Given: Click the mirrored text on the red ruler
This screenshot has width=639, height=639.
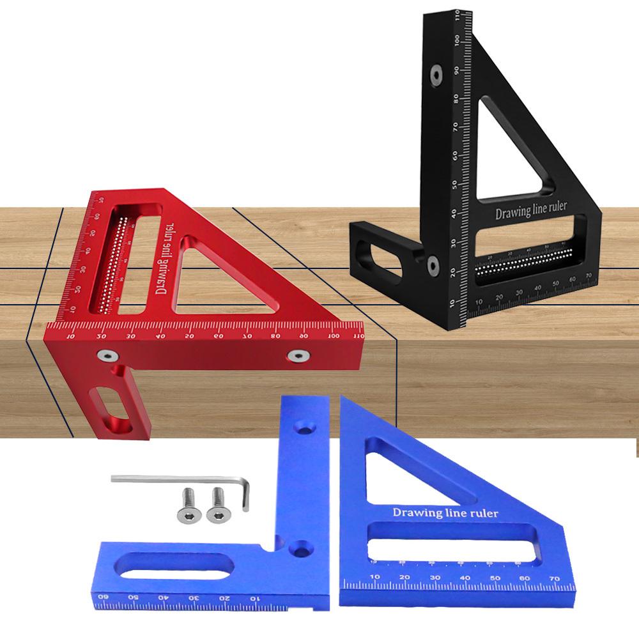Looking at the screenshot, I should [158, 263].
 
